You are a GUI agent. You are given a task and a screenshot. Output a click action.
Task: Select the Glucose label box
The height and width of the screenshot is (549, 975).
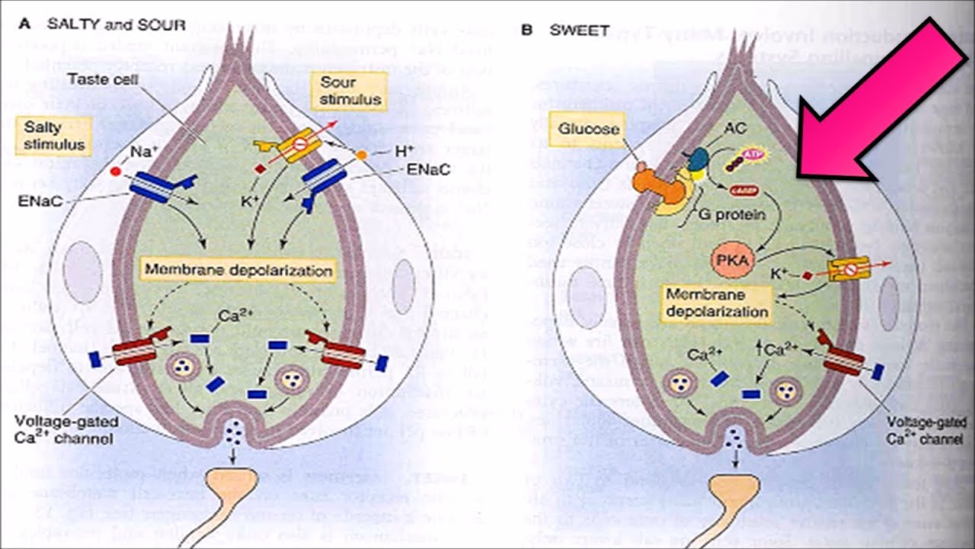pyautogui.click(x=589, y=128)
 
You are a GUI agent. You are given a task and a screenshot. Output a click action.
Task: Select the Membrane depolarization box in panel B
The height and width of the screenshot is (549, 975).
pyautogui.click(x=716, y=303)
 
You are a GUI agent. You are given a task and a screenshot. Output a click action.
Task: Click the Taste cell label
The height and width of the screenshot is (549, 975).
pyautogui.click(x=101, y=79)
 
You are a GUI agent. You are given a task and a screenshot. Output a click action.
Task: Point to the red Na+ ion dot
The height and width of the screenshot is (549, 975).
pyautogui.click(x=115, y=171)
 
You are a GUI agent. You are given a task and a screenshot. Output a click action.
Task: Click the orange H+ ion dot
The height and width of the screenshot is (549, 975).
pyautogui.click(x=362, y=155)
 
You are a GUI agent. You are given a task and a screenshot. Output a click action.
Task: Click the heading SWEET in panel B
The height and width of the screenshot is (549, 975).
pyautogui.click(x=579, y=30)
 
